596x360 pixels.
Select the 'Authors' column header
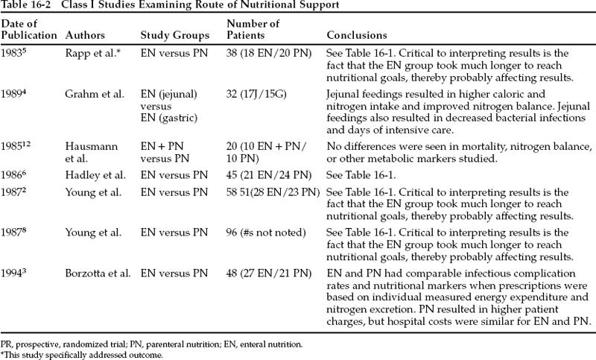click(85, 36)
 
